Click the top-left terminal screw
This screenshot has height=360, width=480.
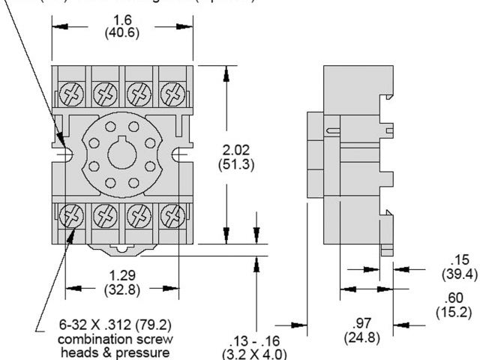pyautogui.click(x=72, y=95)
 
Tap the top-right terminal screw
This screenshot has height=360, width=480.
pyautogui.click(x=172, y=95)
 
